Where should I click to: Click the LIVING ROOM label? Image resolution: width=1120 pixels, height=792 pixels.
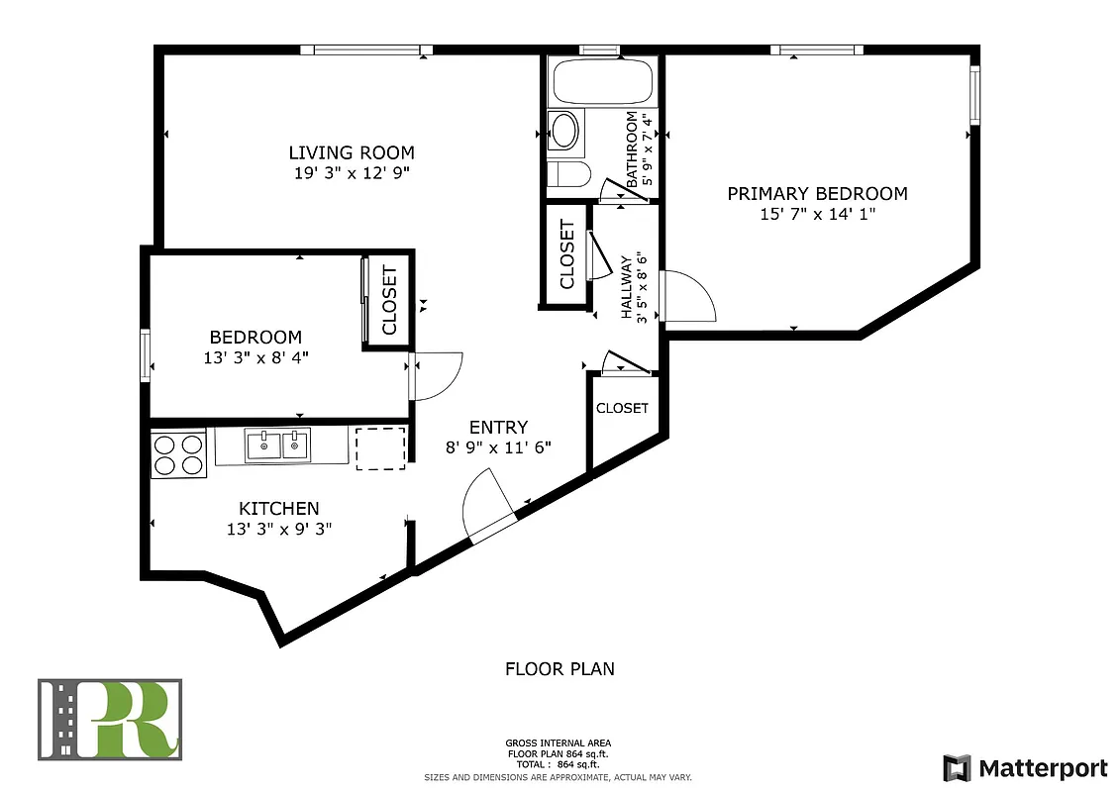point(351,152)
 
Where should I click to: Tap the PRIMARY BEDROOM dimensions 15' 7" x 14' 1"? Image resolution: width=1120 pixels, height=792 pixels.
point(817,214)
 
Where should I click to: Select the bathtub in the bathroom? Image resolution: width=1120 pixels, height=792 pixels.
point(601,82)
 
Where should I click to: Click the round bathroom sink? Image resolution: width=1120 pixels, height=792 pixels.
point(564,130)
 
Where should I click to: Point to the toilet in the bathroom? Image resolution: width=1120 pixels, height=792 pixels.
point(568,175)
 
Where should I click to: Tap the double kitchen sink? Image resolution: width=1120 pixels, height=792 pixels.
point(277,445)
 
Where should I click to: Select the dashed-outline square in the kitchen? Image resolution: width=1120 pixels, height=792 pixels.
point(380,447)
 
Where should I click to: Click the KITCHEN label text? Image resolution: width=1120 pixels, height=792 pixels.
point(278,508)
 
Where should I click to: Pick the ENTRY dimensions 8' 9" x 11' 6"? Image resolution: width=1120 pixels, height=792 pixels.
point(498,447)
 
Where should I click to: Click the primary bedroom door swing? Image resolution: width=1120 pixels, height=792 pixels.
point(689,297)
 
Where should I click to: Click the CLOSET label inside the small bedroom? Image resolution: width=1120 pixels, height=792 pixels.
point(389,300)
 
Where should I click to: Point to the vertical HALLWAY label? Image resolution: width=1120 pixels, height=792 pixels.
point(627,287)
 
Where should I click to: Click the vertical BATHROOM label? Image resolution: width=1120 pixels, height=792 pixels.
point(631,148)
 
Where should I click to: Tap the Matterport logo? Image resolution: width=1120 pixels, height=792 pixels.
point(1024,767)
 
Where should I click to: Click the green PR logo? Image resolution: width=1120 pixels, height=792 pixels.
point(110,719)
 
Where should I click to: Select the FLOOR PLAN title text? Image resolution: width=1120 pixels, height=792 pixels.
point(560,669)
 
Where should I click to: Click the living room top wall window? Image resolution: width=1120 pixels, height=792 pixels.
point(366,49)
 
